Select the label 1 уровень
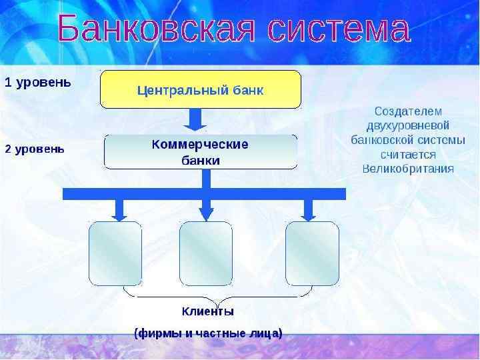point(37,83)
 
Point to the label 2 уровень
point(35,149)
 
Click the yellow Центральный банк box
point(200,89)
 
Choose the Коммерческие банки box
point(200,152)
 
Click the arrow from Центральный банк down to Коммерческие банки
point(195,120)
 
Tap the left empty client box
point(115,253)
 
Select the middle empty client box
point(206,253)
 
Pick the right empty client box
point(312,253)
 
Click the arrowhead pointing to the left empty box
point(119,213)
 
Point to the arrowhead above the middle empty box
point(207,213)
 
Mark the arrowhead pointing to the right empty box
point(309,213)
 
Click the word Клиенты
point(207,311)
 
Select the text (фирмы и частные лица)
point(208,333)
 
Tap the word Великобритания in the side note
point(408,169)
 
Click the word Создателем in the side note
point(408,111)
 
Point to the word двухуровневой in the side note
point(408,125)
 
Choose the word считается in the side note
point(408,154)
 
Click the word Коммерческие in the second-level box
point(200,144)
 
